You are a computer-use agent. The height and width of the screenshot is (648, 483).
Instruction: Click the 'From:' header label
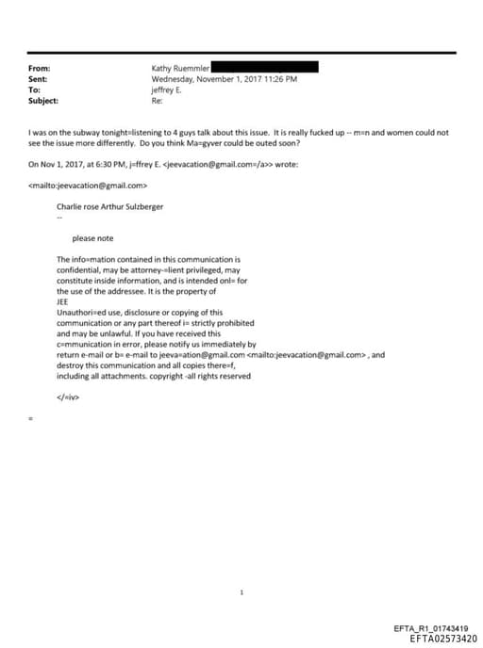coord(39,69)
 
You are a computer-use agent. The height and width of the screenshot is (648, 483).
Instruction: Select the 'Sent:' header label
coord(38,79)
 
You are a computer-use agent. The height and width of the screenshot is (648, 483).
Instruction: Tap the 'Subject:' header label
coord(43,100)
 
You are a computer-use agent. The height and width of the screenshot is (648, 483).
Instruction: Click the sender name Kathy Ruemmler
coord(180,69)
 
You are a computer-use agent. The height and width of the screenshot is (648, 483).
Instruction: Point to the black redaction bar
coord(263,68)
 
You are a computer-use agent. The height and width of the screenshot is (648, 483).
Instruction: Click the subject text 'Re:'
coord(157,100)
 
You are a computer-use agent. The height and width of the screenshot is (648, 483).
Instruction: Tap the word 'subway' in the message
coord(93,133)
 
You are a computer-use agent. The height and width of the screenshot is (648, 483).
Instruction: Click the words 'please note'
coord(92,238)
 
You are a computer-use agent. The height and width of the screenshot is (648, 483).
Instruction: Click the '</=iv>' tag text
coord(68,397)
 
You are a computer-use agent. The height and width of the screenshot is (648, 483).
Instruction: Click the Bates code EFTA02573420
coord(443,639)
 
